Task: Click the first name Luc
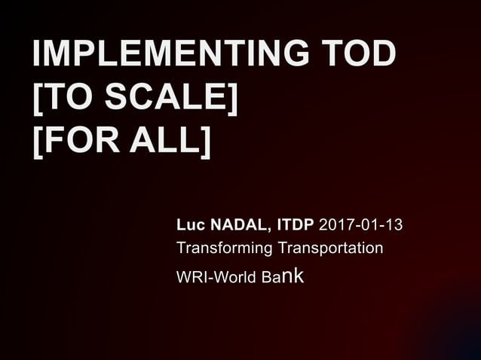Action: click(188, 225)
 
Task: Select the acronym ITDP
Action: click(296, 225)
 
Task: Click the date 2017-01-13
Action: click(360, 225)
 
